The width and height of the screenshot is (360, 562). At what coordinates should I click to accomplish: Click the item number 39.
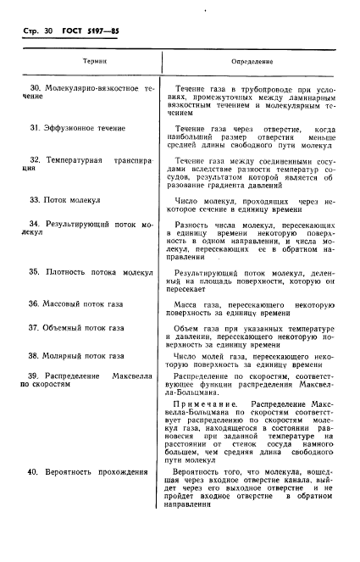pyautogui.click(x=34, y=375)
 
